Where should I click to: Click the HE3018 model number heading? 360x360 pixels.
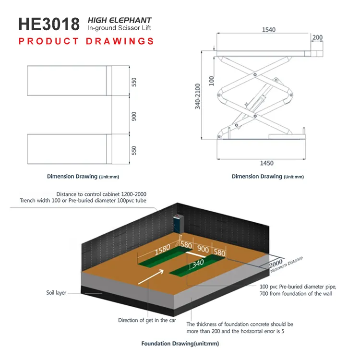click(49, 24)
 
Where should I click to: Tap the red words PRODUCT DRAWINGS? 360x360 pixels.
click(86, 41)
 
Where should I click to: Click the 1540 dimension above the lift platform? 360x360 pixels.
click(269, 30)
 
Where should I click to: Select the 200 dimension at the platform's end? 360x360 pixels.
click(317, 37)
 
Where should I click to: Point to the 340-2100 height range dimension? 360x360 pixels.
click(198, 96)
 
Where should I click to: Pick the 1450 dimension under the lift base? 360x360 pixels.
click(266, 163)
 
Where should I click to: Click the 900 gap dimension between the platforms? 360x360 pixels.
click(134, 117)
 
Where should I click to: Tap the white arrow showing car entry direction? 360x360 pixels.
click(151, 277)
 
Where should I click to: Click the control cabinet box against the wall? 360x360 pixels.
click(178, 223)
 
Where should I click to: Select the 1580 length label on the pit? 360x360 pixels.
click(163, 250)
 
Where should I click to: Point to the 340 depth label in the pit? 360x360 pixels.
click(198, 264)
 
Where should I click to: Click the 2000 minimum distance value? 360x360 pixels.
click(276, 264)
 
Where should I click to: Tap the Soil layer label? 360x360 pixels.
click(56, 293)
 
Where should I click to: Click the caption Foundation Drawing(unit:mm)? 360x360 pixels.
click(180, 344)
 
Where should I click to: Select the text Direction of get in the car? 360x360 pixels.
click(147, 320)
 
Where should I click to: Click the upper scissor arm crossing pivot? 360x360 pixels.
click(255, 75)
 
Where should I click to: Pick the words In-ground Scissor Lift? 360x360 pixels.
click(119, 28)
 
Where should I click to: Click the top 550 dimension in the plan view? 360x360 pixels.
click(134, 82)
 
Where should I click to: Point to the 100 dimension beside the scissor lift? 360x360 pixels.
click(212, 81)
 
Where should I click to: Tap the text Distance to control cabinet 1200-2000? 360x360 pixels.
click(101, 194)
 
